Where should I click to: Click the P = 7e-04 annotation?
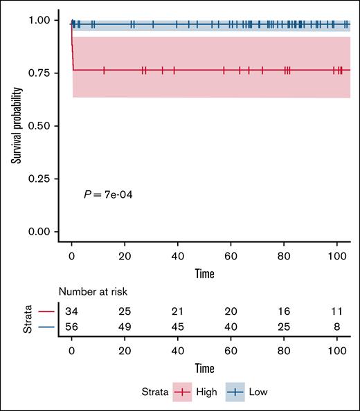[107, 196]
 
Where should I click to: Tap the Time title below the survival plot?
[204, 273]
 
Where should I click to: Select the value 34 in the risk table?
[72, 311]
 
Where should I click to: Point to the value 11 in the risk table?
[336, 311]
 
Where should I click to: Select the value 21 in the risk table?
[178, 311]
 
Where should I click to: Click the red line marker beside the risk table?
[46, 311]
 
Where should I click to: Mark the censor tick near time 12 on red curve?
[104, 70]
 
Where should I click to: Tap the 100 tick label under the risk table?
[336, 351]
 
